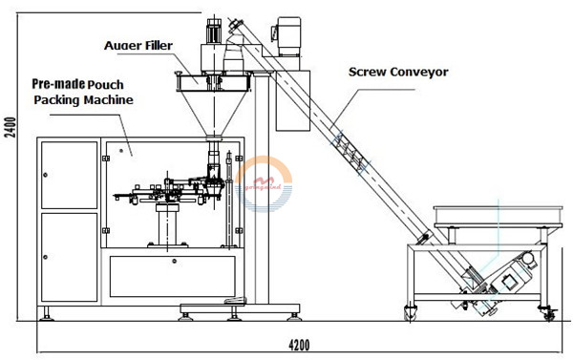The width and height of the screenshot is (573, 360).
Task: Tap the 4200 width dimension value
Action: (305, 344)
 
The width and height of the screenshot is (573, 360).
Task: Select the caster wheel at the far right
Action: (549, 311)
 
